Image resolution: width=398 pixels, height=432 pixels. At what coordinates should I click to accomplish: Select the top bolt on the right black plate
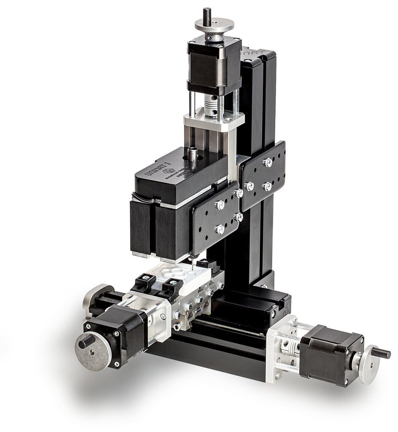click(x=267, y=162)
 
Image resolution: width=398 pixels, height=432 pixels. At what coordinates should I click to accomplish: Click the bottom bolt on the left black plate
click(x=220, y=229)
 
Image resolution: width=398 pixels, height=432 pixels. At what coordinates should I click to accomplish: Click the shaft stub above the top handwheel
click(x=207, y=13)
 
